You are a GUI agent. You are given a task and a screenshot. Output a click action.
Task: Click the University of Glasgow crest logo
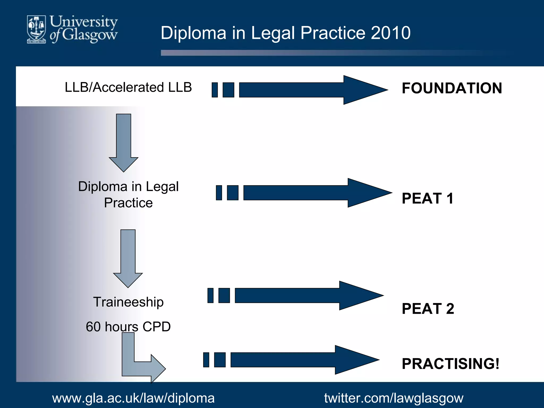coord(36,29)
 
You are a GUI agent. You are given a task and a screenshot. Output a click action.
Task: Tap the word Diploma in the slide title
coord(193,33)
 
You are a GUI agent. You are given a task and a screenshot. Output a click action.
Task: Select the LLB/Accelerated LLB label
coord(128,87)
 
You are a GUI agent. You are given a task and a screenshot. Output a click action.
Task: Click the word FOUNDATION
coord(452,88)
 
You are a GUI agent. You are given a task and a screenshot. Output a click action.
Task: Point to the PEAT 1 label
coord(427,198)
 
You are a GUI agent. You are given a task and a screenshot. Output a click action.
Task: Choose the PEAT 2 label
coord(428,309)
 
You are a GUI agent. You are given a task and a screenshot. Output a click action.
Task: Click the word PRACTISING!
coord(450,364)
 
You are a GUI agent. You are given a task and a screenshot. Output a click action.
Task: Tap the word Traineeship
coord(128,302)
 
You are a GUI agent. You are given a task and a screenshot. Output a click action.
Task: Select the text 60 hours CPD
coord(128,327)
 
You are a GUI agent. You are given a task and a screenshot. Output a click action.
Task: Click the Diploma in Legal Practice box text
coord(128,194)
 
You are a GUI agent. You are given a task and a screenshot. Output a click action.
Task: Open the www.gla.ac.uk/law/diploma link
coord(133,398)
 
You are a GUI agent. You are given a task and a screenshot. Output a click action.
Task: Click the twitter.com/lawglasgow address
coord(394,398)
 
